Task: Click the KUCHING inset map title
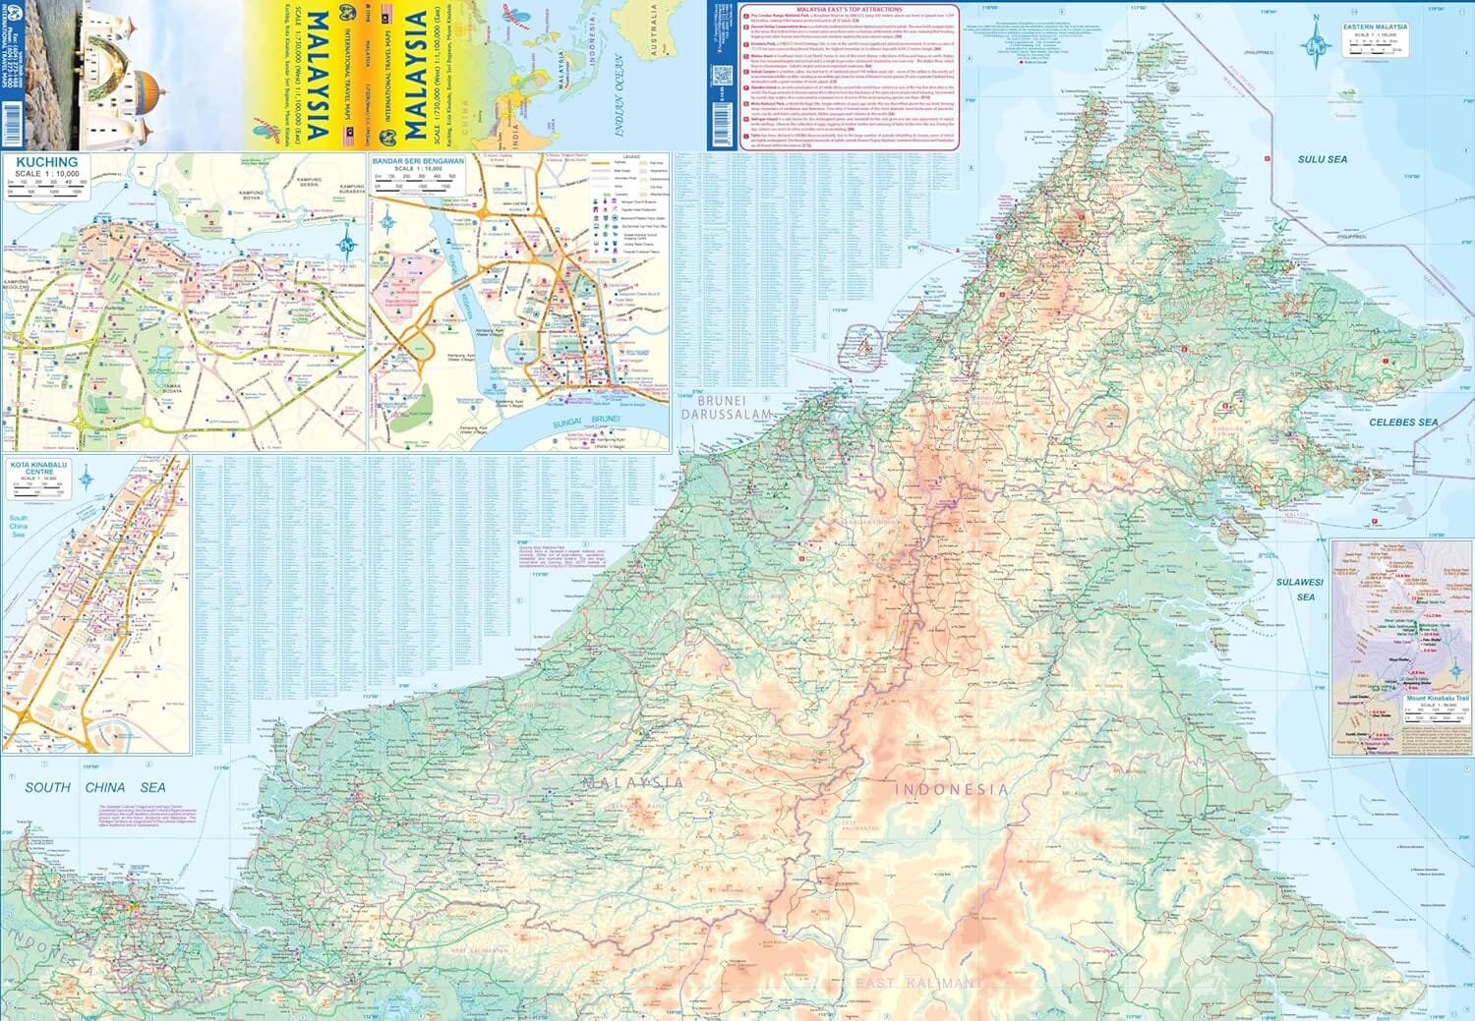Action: pos(47,162)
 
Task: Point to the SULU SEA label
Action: pos(1322,159)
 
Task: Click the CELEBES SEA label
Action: pos(1402,423)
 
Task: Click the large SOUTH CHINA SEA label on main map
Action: pos(94,787)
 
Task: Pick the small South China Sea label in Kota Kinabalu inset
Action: pos(18,527)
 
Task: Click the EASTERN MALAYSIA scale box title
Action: pos(1375,28)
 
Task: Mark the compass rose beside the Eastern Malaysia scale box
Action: pos(1315,46)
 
